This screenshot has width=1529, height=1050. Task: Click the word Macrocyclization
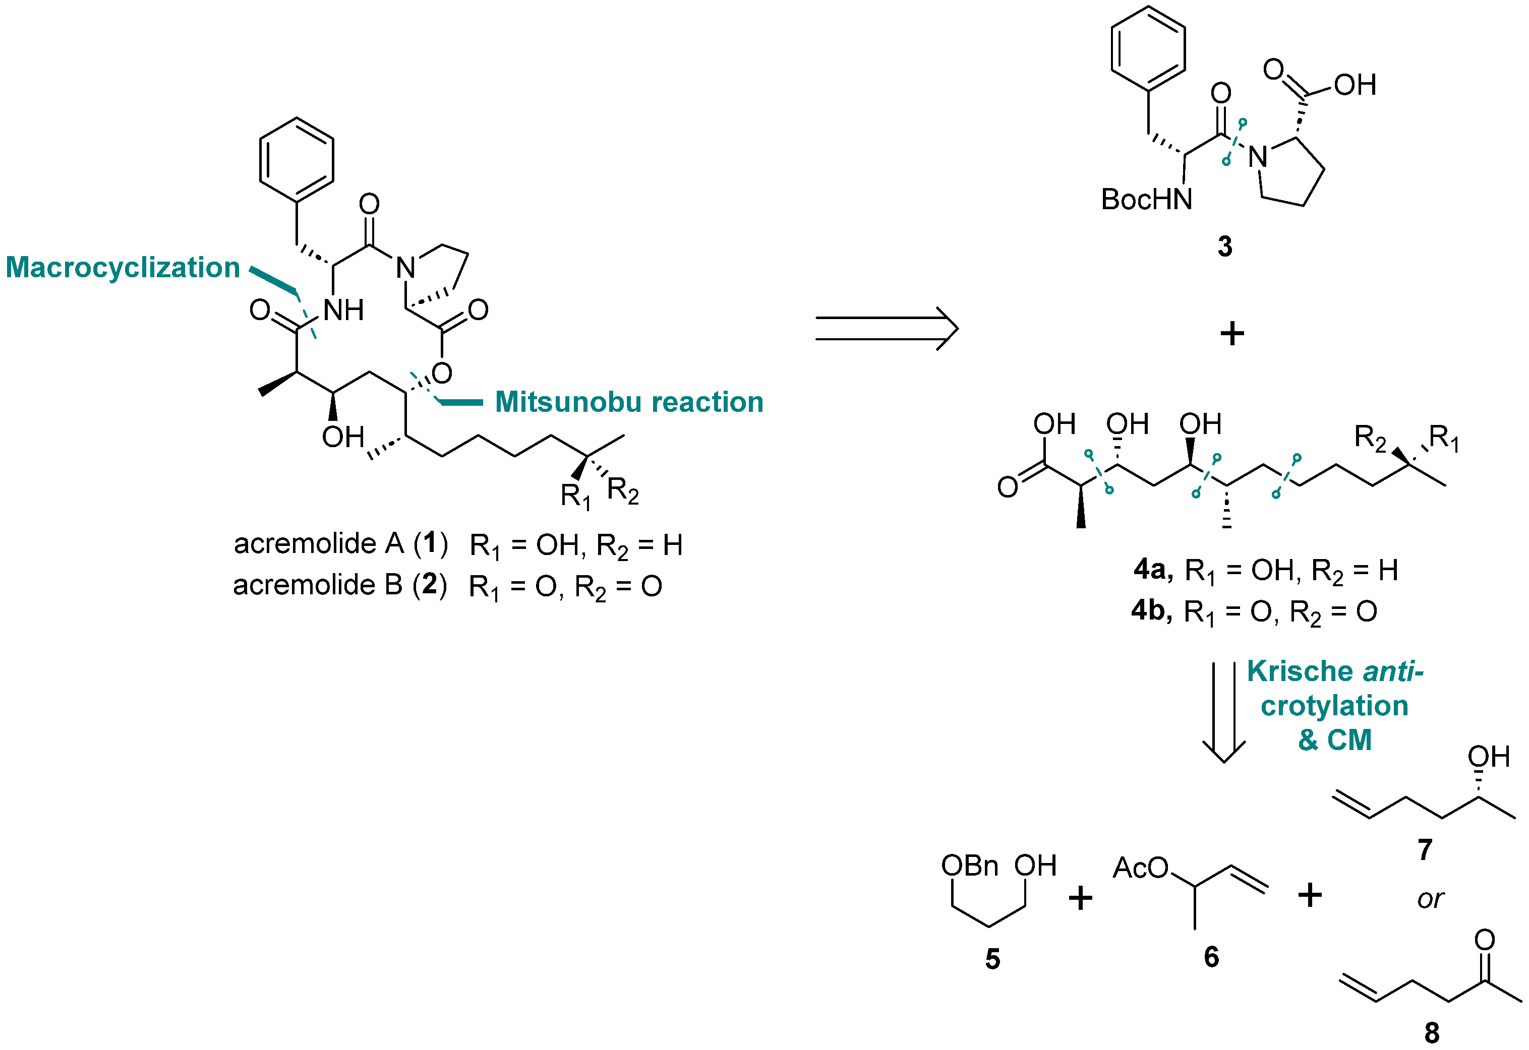click(123, 268)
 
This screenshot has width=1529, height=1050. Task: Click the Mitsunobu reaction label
click(628, 402)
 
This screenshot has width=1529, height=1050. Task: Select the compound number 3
click(1224, 246)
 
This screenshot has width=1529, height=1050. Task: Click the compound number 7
click(1425, 850)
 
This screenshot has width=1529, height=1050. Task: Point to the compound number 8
click(1432, 1033)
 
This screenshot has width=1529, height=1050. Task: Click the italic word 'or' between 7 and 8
click(1430, 899)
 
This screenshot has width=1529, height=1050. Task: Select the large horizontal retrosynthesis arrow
click(886, 328)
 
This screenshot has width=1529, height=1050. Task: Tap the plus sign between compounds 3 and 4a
click(1232, 334)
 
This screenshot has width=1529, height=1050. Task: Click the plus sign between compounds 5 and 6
click(1080, 897)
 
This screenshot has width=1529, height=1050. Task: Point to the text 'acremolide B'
click(317, 585)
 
